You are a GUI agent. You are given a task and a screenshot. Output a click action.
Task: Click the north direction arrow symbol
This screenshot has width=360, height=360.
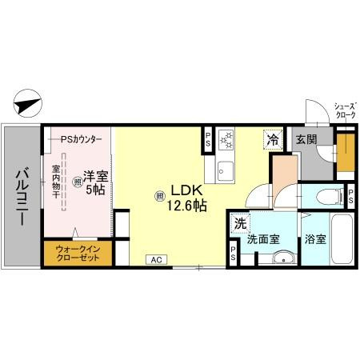click(26, 105)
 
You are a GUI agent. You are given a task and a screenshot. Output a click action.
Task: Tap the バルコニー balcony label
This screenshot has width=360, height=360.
click(22, 195)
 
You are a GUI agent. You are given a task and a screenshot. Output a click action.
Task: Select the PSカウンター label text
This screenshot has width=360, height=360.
click(82, 138)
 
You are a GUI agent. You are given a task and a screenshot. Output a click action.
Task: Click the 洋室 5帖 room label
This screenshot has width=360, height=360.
click(94, 182)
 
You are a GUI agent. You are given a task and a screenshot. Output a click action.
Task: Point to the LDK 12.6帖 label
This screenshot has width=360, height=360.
click(186, 198)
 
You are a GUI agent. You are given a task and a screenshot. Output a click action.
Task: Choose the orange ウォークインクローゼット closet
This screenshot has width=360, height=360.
click(78, 254)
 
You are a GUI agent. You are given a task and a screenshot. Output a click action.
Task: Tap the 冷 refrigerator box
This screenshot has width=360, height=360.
click(274, 138)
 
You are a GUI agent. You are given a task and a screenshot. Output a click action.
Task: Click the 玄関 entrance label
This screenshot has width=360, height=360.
click(306, 139)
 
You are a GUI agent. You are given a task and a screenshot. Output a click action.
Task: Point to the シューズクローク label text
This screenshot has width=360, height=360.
click(345, 110)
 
